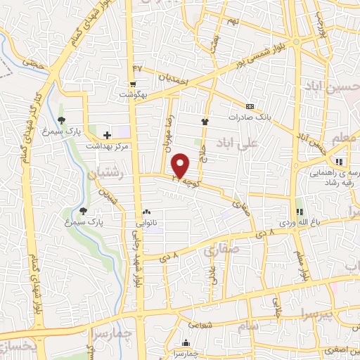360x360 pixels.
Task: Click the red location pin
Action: [181, 166]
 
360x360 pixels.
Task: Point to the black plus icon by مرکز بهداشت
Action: [107, 135]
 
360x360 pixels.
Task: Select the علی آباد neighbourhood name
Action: [259, 143]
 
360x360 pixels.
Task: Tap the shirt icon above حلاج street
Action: [205, 121]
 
